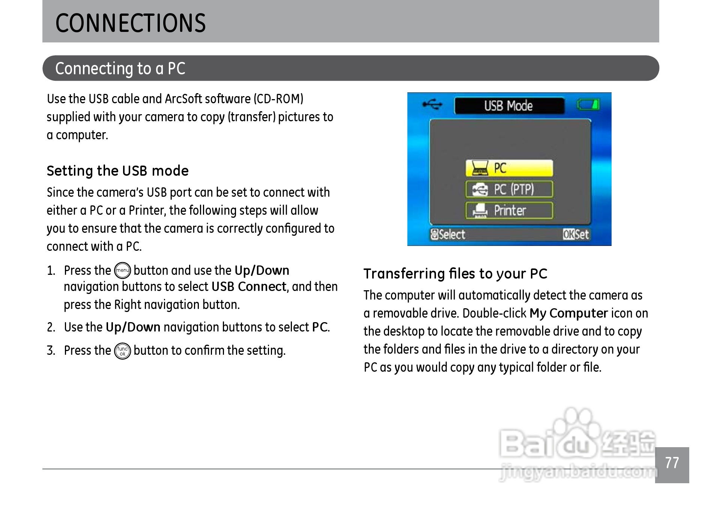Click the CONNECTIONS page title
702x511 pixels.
point(130,23)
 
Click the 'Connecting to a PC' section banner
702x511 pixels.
point(350,68)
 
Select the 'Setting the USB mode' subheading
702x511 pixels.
point(117,171)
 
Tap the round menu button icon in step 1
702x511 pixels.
point(122,271)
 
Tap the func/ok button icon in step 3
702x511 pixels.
point(122,351)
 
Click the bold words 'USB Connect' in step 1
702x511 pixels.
point(249,287)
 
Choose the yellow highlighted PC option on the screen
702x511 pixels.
point(509,168)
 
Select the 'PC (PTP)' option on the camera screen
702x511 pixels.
point(509,189)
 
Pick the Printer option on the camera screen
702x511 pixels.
point(509,210)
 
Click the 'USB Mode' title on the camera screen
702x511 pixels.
point(508,106)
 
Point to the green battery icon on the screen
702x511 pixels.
point(588,104)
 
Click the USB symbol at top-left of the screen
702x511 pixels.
point(433,104)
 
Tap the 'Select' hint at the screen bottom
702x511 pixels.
point(448,235)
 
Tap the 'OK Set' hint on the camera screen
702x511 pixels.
point(576,235)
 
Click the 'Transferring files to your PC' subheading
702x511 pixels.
point(455,274)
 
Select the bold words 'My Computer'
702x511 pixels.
point(568,313)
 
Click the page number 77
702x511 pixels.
point(672,463)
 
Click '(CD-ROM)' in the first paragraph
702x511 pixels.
point(279,99)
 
